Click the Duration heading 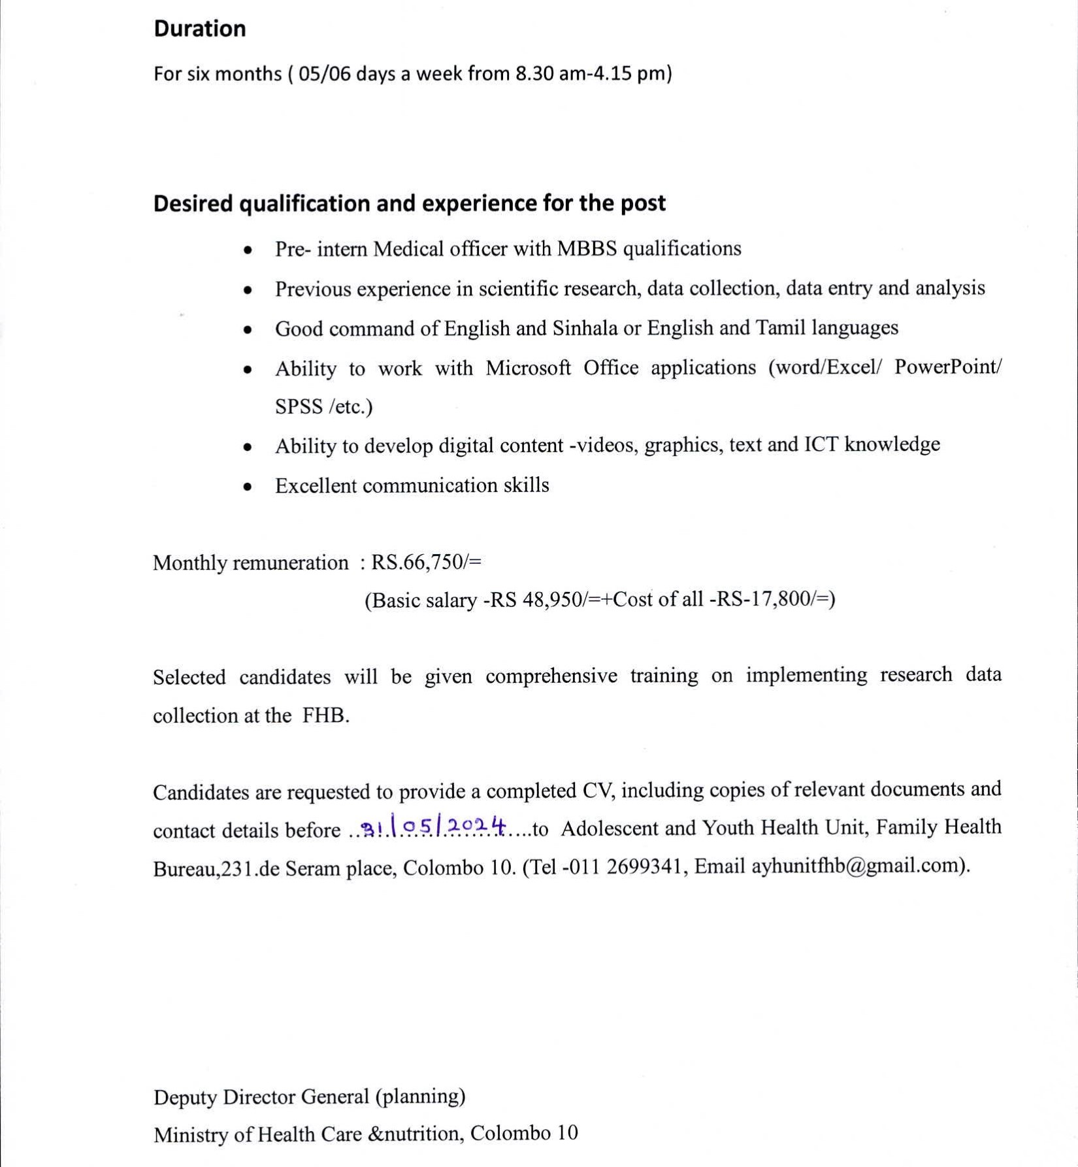point(199,29)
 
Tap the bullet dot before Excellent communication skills point(247,487)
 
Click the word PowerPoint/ point(947,367)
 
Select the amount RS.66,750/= point(426,563)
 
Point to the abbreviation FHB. point(325,716)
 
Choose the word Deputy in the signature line point(186,1097)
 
